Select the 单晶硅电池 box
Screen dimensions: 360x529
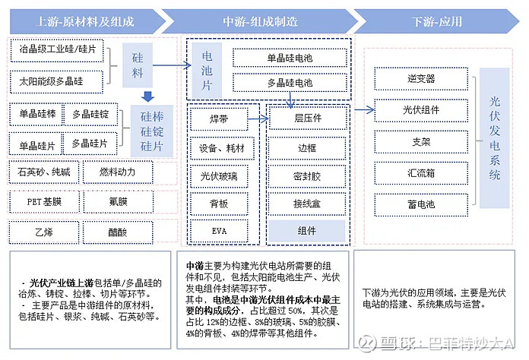pos(289,57)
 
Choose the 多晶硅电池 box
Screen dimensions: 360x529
pos(289,81)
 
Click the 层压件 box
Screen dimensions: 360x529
pos(307,119)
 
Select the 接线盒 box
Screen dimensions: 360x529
pos(307,204)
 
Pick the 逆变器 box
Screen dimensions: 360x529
pos(421,78)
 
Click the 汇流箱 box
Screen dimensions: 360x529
pos(421,172)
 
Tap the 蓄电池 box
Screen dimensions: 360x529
pos(421,204)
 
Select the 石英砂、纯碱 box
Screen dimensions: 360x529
pos(42,172)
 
